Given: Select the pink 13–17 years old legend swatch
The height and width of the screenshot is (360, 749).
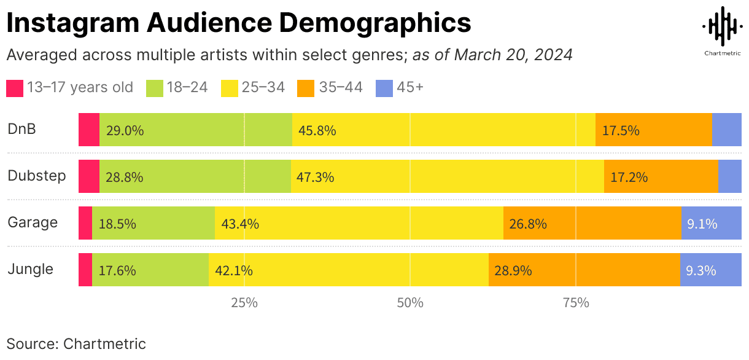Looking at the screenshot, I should (15, 88).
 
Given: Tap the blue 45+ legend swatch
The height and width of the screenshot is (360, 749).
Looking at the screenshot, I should (384, 88).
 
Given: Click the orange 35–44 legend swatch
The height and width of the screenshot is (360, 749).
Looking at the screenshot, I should (306, 88).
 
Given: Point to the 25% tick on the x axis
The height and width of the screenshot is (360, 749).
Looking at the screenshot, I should (244, 303).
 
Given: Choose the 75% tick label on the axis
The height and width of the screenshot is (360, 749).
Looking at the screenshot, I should (575, 303).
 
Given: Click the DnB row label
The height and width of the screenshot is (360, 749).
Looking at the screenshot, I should (21, 129).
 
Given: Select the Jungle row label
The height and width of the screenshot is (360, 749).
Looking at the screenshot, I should (30, 269).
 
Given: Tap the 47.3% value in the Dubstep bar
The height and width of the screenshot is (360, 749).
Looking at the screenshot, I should (315, 177).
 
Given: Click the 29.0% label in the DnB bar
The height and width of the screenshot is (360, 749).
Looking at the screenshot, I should (125, 130).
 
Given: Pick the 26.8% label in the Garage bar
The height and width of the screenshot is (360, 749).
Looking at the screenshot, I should (528, 224).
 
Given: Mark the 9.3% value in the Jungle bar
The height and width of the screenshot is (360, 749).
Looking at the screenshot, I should (701, 270).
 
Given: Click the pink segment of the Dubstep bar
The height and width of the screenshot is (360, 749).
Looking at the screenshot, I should (89, 176).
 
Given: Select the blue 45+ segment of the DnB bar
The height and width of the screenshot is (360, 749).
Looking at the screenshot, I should (726, 130).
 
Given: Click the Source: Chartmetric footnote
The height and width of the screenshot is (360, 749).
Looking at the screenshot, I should (76, 343).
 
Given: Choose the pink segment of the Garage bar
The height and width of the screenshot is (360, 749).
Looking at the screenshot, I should (85, 223).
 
